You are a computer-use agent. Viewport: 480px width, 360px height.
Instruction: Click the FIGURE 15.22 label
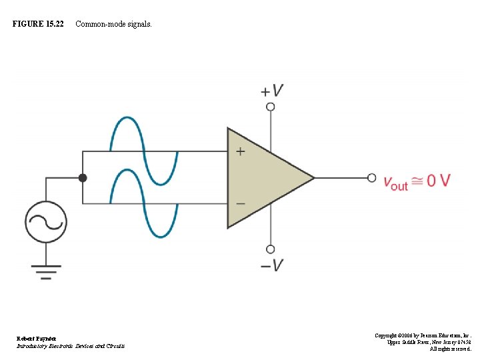coord(38,24)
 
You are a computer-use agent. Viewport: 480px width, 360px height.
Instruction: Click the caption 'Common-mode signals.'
coord(113,24)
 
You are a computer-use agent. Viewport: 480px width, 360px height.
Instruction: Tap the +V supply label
coord(272,91)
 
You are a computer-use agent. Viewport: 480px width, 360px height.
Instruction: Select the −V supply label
coord(272,265)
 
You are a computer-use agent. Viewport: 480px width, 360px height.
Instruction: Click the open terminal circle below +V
coord(271,107)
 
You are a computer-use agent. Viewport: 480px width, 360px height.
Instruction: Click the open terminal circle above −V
coord(271,249)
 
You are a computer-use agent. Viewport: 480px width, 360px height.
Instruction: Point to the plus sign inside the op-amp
coord(240,151)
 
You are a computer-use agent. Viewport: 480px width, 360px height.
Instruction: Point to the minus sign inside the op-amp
coord(240,203)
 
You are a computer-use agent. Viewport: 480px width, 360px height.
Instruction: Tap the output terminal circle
coord(372,177)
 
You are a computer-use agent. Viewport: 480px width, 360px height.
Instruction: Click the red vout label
coord(395,181)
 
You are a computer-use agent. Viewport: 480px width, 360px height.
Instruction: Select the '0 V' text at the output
coord(439,180)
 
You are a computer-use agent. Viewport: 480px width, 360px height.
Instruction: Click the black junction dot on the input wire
coord(83,177)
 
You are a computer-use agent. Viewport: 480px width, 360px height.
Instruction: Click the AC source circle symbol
coord(45,221)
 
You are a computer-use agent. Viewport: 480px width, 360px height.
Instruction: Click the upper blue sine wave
coord(143,150)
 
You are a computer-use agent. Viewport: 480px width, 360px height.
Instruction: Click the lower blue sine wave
coord(143,203)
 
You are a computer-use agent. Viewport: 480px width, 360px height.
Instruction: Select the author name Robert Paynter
coord(37,339)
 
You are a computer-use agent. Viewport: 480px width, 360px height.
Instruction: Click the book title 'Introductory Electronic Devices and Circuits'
coord(70,346)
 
